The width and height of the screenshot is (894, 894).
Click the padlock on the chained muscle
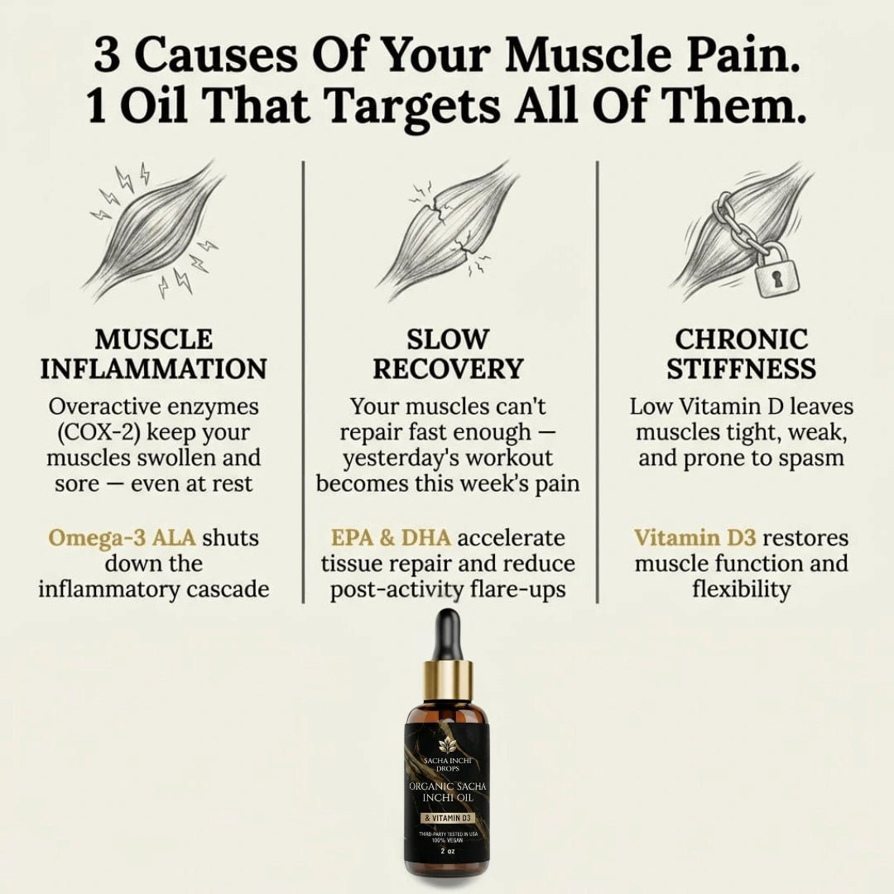pyautogui.click(x=777, y=272)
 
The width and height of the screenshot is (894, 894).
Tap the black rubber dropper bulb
pyautogui.click(x=448, y=635)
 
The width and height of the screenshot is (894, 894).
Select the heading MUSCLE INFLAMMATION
pyautogui.click(x=153, y=353)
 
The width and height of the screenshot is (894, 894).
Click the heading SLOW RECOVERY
pyautogui.click(x=448, y=353)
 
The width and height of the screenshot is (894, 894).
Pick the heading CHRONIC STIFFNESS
pyautogui.click(x=741, y=353)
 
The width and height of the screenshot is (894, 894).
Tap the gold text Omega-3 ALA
pyautogui.click(x=122, y=538)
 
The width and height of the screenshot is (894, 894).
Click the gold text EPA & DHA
pyautogui.click(x=391, y=538)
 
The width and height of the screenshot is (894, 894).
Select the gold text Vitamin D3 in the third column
pyautogui.click(x=695, y=538)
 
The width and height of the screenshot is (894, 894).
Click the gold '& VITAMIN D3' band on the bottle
pyautogui.click(x=448, y=818)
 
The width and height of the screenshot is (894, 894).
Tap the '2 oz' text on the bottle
pyautogui.click(x=448, y=850)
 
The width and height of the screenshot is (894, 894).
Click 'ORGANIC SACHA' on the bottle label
pyautogui.click(x=448, y=786)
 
